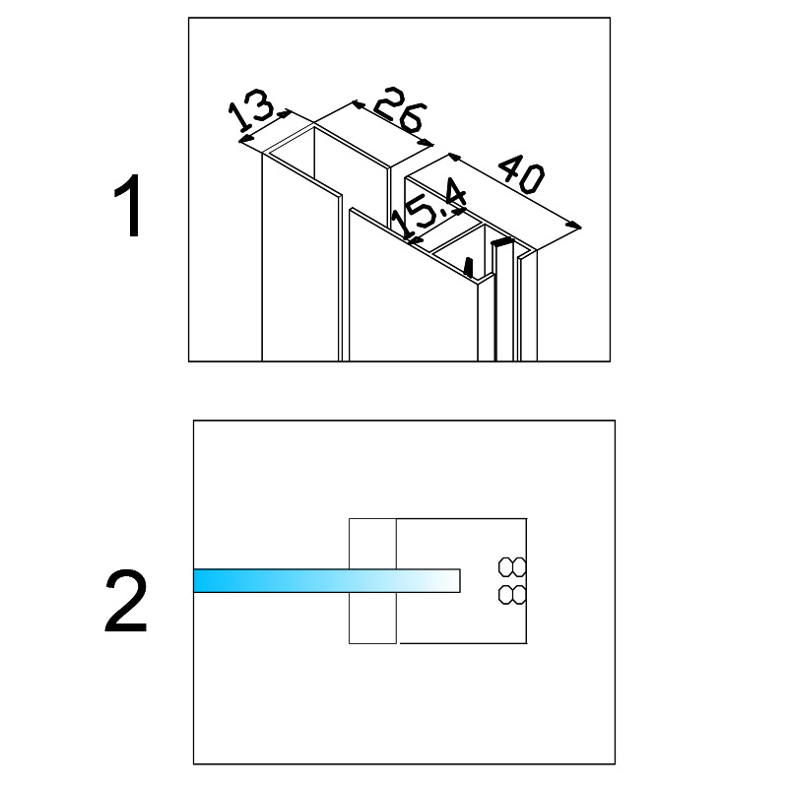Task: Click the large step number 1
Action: [128, 206]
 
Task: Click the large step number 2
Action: [126, 602]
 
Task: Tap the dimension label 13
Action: [251, 114]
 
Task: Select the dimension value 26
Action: [400, 111]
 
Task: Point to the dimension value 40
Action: [523, 174]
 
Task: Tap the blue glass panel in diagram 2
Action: [327, 580]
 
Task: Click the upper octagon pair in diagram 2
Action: [512, 567]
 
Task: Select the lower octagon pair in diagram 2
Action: [512, 595]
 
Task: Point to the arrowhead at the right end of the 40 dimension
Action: [574, 226]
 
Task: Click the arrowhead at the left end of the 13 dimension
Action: [244, 138]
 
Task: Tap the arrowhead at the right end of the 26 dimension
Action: [427, 143]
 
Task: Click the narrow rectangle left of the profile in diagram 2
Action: [372, 580]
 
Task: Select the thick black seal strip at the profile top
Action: [502, 241]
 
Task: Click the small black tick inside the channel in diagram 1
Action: [469, 267]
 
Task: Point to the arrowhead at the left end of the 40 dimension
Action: [454, 158]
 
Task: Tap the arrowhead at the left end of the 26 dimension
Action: [359, 104]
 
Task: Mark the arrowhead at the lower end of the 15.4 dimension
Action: [413, 241]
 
